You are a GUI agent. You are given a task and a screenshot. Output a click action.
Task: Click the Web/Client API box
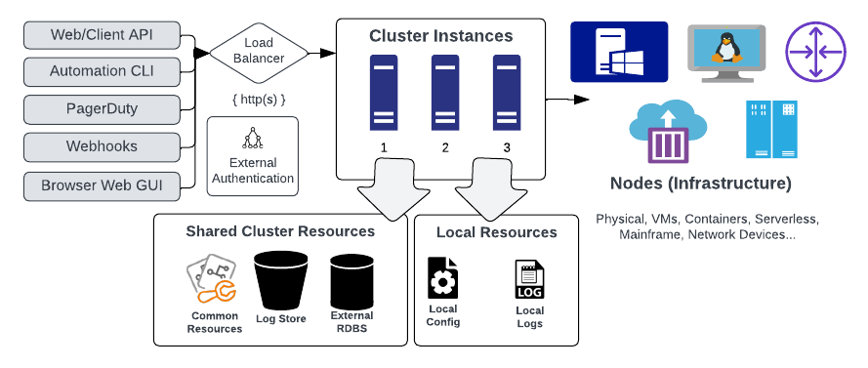click(102, 35)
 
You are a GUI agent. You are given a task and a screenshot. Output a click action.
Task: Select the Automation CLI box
click(102, 71)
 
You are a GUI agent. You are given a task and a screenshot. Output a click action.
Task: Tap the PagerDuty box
click(102, 109)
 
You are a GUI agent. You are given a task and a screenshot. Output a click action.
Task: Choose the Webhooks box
click(102, 146)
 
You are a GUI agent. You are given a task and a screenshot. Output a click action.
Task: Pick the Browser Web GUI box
click(102, 185)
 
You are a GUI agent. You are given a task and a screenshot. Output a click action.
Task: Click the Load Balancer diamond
click(259, 53)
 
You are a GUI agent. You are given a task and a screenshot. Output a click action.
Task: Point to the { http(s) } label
click(259, 101)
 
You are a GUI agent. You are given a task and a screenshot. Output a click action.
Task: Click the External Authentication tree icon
click(253, 139)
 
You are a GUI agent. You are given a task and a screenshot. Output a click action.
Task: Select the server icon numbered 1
click(384, 93)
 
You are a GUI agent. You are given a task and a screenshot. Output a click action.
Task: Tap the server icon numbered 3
click(507, 93)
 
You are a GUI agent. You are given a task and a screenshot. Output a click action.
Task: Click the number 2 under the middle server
click(445, 148)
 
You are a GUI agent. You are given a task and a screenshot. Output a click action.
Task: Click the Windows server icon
click(619, 52)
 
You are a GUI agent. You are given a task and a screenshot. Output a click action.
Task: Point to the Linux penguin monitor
click(726, 53)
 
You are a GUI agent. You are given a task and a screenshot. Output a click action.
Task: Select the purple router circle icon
click(816, 52)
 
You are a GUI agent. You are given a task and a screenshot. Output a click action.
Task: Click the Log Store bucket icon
click(280, 280)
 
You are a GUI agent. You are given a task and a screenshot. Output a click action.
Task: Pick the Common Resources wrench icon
click(211, 279)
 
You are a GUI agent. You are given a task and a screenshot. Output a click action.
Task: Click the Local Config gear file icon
click(443, 278)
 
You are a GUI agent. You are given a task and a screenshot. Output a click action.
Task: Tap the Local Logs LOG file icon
click(530, 280)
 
